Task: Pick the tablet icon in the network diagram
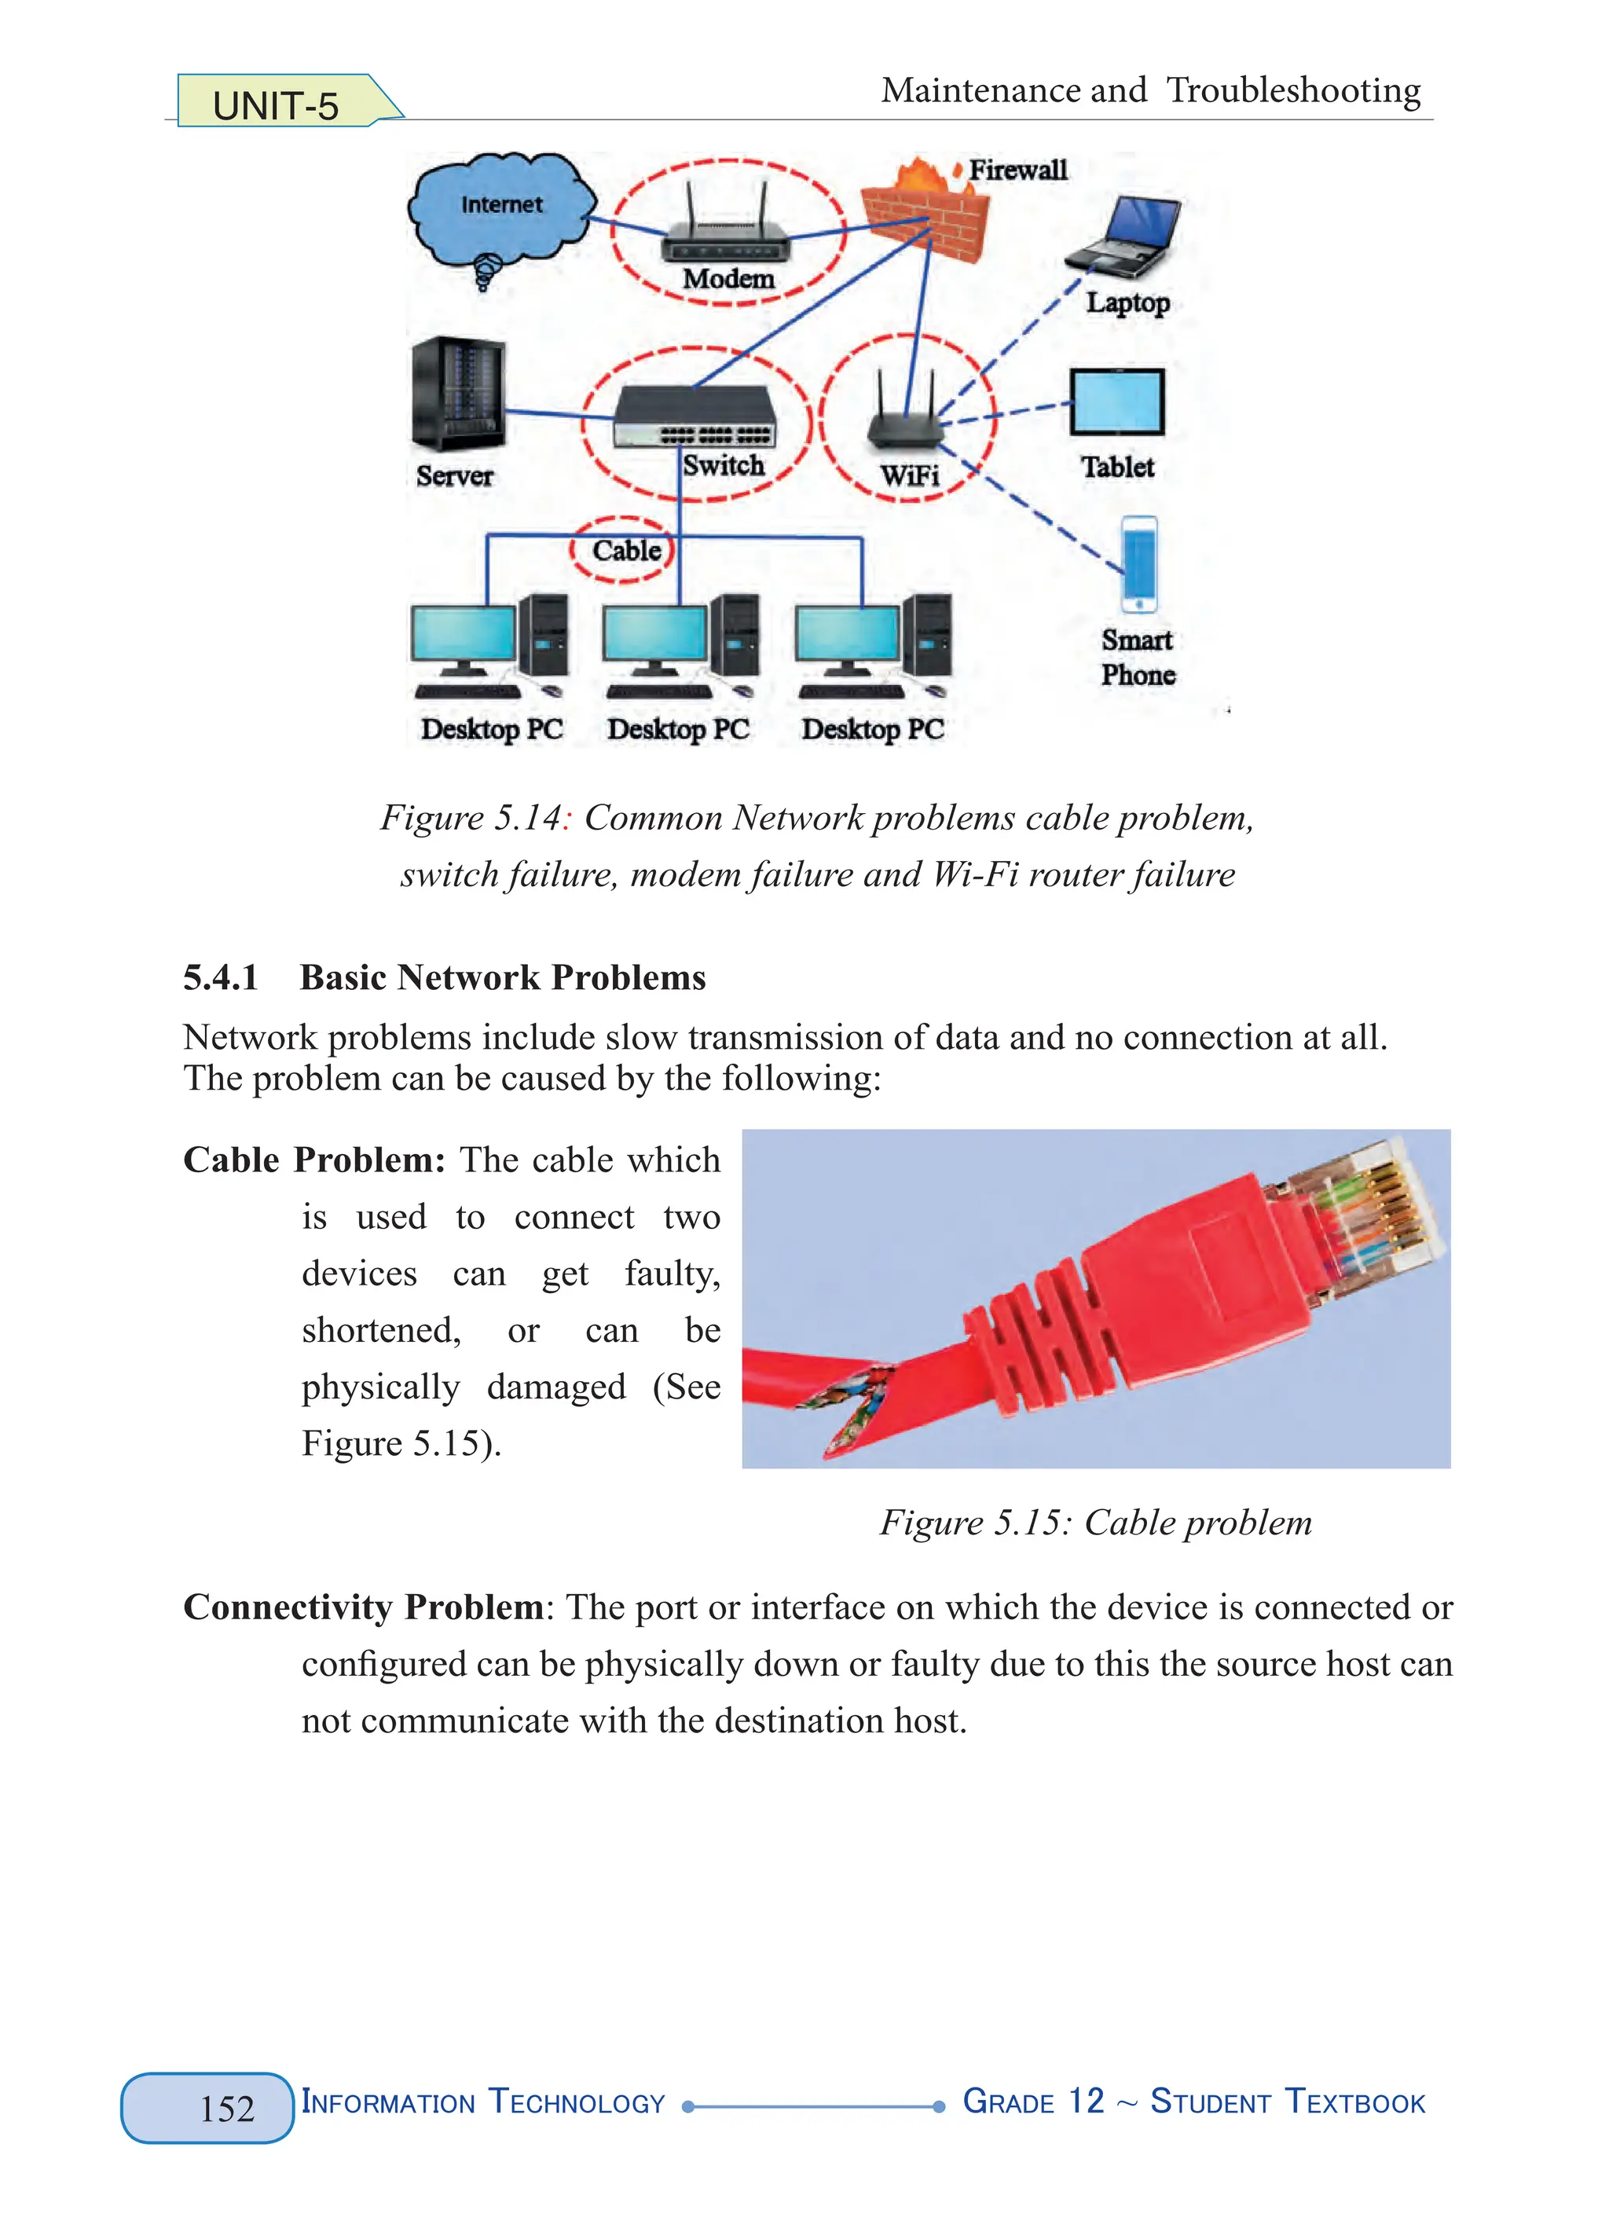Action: click(x=1117, y=401)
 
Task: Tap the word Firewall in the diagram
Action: click(x=1017, y=170)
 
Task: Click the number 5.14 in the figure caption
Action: click(x=527, y=818)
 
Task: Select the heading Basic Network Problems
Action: click(x=502, y=977)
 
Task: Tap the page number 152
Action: click(x=227, y=2109)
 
